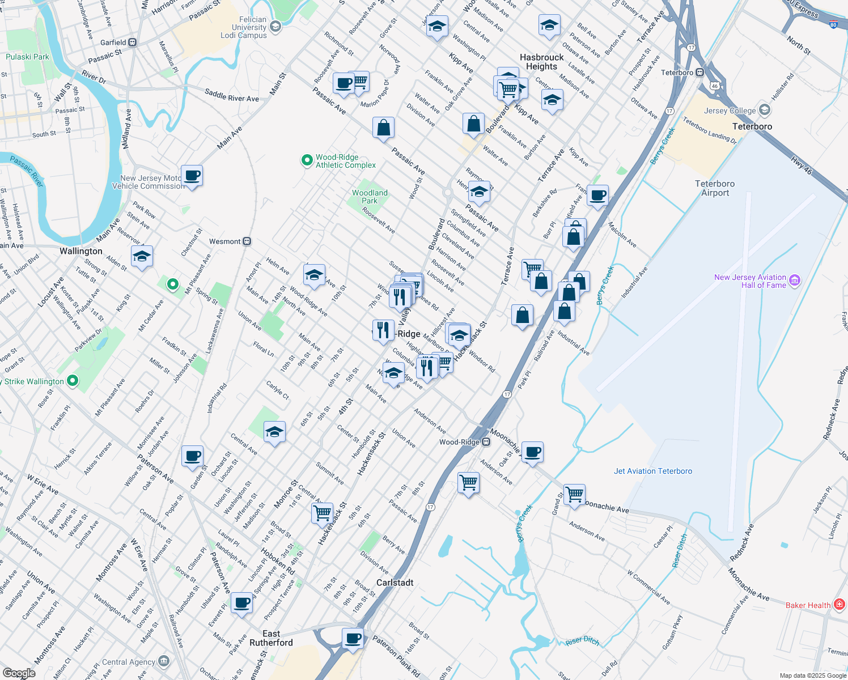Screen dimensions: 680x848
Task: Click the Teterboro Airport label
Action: (x=714, y=188)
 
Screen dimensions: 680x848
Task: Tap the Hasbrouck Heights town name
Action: (x=541, y=62)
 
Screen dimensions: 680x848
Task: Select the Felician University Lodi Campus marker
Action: (x=275, y=27)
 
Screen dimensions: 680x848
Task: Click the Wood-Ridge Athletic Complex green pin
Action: (x=307, y=161)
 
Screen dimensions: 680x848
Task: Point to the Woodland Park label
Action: (x=370, y=197)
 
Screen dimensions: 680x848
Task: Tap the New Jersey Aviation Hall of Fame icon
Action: (x=795, y=280)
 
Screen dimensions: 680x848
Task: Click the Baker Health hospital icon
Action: (x=839, y=605)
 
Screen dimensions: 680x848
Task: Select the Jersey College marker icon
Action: (x=765, y=110)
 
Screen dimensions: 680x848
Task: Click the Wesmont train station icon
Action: (x=247, y=241)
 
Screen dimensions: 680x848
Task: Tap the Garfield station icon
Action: (x=132, y=42)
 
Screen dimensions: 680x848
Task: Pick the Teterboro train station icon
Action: (x=700, y=73)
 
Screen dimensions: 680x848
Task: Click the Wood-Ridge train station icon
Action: (x=486, y=442)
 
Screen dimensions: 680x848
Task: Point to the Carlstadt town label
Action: (x=395, y=583)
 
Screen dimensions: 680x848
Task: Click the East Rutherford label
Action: (x=271, y=638)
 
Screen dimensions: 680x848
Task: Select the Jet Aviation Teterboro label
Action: (x=652, y=471)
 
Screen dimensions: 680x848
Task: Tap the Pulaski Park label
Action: (x=27, y=57)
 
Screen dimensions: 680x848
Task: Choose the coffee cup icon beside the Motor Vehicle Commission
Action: (x=192, y=176)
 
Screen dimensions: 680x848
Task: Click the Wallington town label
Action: (x=81, y=251)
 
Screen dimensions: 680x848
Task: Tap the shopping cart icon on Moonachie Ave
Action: (x=574, y=494)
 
